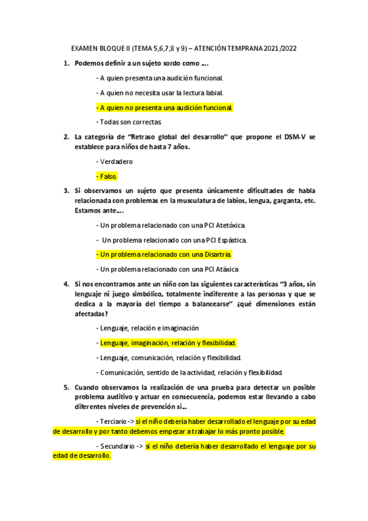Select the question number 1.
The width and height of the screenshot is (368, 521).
66,63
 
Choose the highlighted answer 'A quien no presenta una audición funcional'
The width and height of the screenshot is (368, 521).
165,108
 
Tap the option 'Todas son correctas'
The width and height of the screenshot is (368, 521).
129,122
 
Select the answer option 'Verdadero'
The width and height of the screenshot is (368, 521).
115,161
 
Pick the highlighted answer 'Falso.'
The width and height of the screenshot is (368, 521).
109,176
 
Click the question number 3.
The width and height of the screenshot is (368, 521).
66,191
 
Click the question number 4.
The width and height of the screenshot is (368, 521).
66,284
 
